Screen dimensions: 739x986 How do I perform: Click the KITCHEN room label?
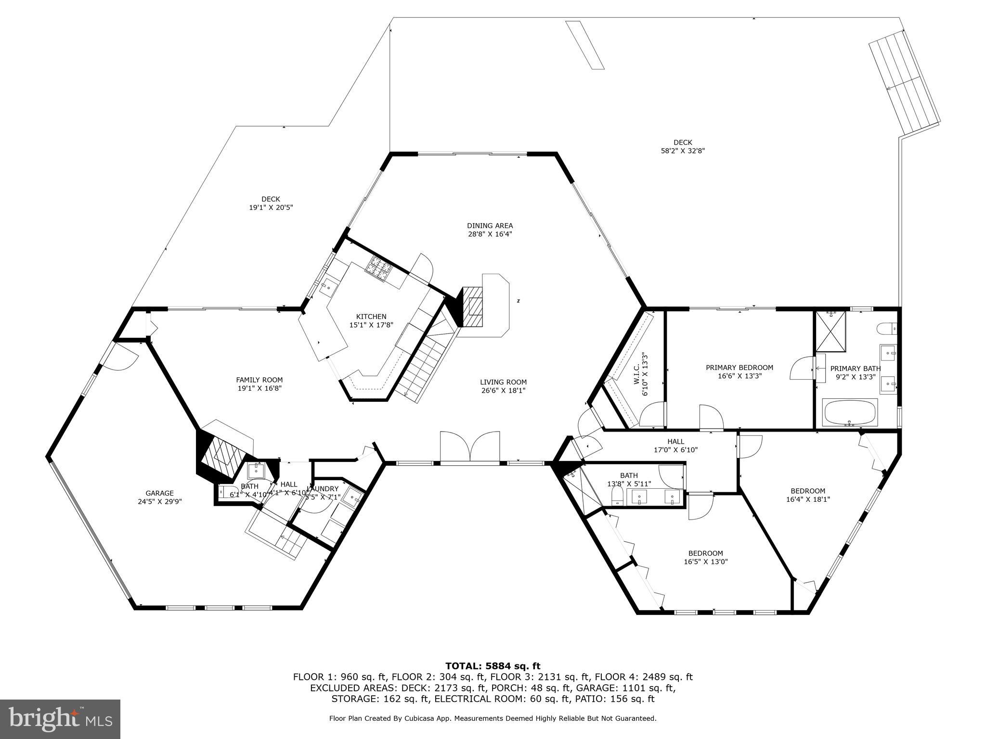point(371,317)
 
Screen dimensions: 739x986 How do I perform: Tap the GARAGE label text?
point(159,493)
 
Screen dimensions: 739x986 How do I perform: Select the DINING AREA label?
point(490,226)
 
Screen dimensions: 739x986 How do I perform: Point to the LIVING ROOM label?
point(503,382)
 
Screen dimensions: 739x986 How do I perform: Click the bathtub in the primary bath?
point(850,413)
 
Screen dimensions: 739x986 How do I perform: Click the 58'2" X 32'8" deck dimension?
point(683,151)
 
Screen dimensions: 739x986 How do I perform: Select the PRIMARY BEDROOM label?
point(739,368)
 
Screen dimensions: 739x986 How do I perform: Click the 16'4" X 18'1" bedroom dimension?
point(807,499)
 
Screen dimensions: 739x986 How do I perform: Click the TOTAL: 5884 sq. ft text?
point(493,666)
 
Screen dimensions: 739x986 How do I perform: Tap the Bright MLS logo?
point(60,719)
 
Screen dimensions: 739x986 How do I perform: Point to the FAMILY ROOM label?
point(259,380)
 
